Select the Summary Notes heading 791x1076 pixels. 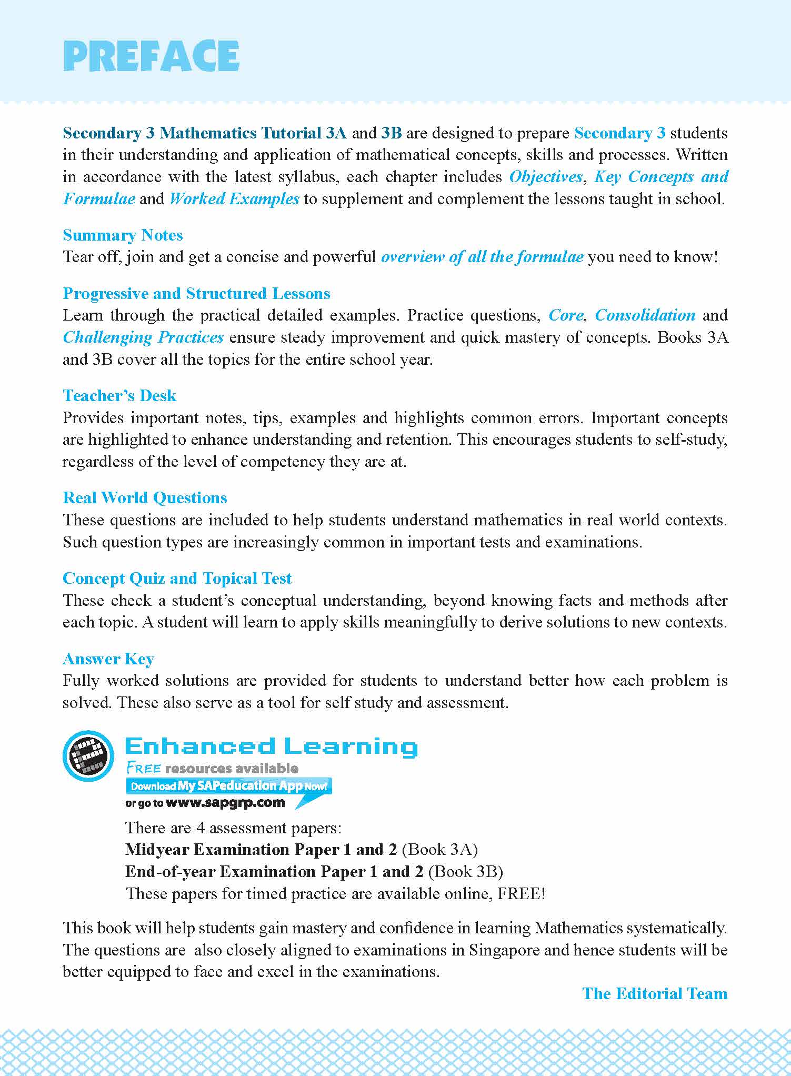pyautogui.click(x=123, y=235)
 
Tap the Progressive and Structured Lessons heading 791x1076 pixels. pyautogui.click(x=196, y=293)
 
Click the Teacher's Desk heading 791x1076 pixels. pyautogui.click(x=119, y=395)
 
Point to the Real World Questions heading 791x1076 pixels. pyautogui.click(x=145, y=497)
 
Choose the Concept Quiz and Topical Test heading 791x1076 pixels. pyautogui.click(x=177, y=578)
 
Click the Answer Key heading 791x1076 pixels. pyautogui.click(x=108, y=659)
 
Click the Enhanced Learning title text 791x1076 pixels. pyautogui.click(x=271, y=746)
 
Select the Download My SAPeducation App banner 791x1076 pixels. pyautogui.click(x=228, y=786)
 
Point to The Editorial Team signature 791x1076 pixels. pyautogui.click(x=655, y=993)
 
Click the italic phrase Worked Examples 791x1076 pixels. pyautogui.click(x=234, y=199)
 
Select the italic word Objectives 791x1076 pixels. pyautogui.click(x=546, y=177)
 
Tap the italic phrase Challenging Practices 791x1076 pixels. pyautogui.click(x=143, y=337)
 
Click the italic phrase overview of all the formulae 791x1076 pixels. pyautogui.click(x=482, y=257)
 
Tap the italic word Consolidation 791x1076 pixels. pyautogui.click(x=645, y=315)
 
